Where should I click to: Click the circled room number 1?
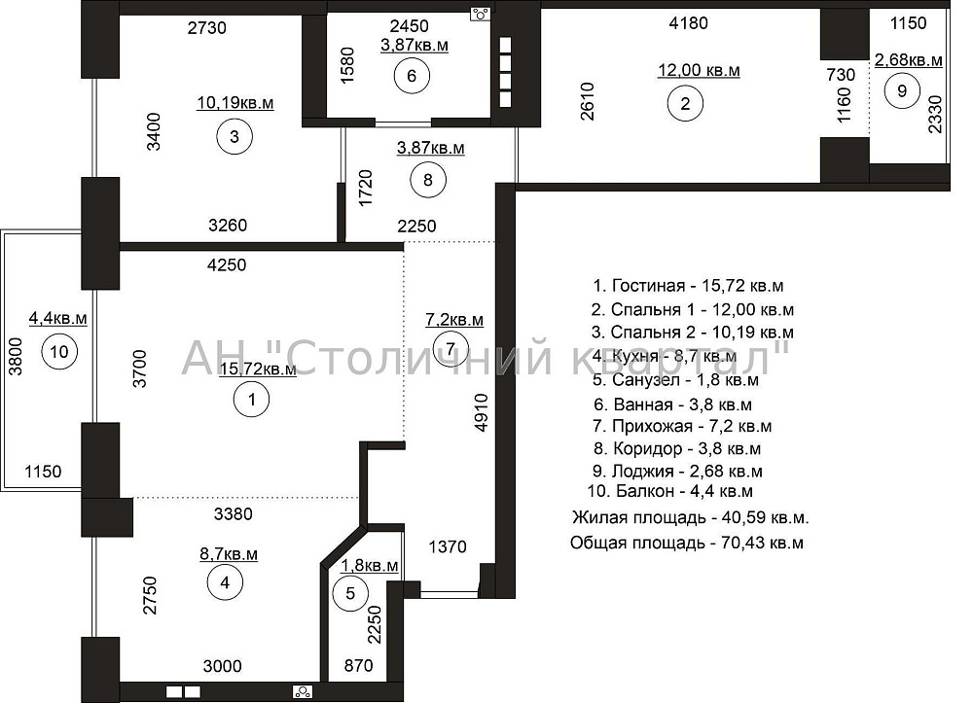[x=252, y=398]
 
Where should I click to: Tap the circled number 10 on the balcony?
[x=59, y=352]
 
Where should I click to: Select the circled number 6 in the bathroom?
[x=412, y=77]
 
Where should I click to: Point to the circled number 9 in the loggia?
[x=900, y=90]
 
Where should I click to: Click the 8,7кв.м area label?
[x=229, y=554]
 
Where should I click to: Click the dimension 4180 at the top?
[x=689, y=23]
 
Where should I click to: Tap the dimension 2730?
[x=206, y=28]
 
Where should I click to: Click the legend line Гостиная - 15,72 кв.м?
[x=688, y=286]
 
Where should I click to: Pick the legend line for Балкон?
[x=670, y=492]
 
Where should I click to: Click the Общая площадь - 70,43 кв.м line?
[x=687, y=543]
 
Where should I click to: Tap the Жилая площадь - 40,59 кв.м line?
[x=691, y=517]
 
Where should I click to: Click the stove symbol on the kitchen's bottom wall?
[x=303, y=692]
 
